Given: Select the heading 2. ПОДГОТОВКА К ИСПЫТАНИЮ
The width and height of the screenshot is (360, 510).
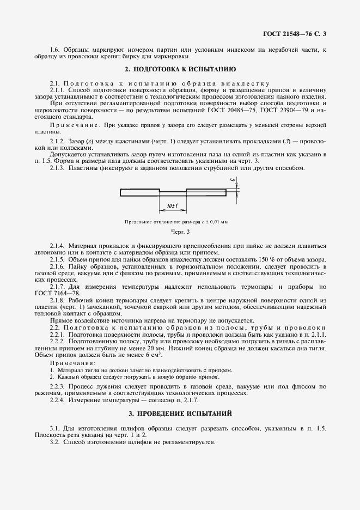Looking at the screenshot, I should [180, 70].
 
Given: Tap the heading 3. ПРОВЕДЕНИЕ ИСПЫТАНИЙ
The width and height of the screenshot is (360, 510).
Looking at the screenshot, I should [180, 414].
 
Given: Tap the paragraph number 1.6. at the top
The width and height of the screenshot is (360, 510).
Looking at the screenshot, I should [54, 50].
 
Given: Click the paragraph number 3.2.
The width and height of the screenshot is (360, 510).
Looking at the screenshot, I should [54, 442].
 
